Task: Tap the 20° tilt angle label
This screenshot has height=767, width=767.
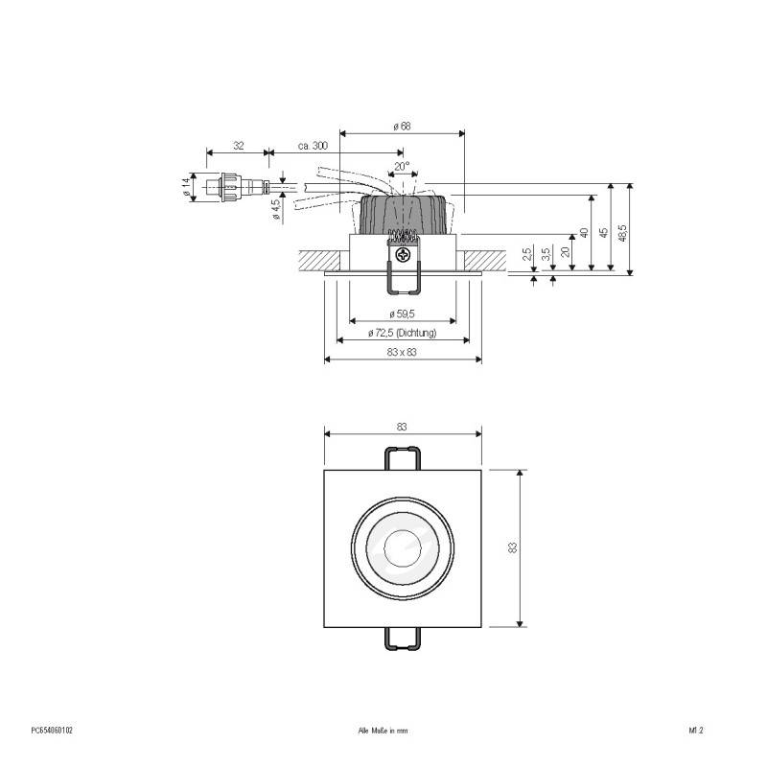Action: tap(402, 165)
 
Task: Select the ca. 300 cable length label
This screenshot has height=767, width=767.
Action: tap(314, 145)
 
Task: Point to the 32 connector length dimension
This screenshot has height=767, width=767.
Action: tap(237, 145)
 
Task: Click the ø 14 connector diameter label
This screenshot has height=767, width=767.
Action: tap(185, 188)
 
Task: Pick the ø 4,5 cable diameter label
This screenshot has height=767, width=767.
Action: tap(276, 210)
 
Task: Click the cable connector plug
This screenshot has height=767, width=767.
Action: tap(229, 187)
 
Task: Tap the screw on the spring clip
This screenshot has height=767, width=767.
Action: tap(403, 255)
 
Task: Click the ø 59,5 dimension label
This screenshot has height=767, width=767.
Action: tap(402, 314)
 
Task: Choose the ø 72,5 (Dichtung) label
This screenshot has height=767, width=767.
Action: tap(403, 333)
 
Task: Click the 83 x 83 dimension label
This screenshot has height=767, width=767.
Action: tap(403, 353)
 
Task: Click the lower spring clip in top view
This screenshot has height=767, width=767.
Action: tap(403, 639)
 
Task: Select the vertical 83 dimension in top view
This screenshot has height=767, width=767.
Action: tap(513, 547)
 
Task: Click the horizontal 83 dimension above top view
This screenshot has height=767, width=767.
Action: tap(403, 426)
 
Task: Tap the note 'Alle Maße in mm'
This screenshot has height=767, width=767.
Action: tap(383, 730)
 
